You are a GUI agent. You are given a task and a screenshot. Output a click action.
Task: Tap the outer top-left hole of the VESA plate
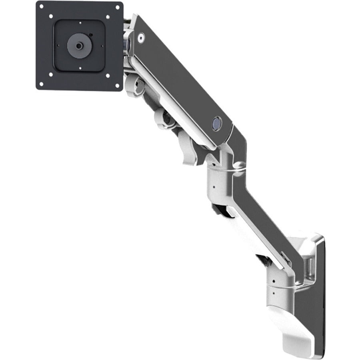pos(51,16)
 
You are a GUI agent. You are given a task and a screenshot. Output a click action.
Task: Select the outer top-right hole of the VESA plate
pos(108,17)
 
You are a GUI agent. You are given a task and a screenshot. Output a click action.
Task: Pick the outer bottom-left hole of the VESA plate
pos(50,75)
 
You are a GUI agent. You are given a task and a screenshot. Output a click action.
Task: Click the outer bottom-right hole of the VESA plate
pos(108,75)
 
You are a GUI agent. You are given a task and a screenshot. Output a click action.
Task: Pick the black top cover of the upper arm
pos(180,80)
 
